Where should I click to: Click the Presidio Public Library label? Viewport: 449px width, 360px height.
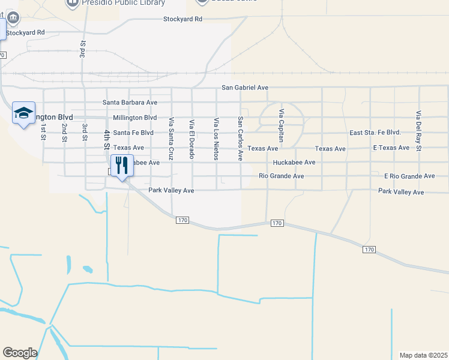point(123,3)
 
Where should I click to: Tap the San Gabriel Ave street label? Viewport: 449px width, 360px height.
point(245,88)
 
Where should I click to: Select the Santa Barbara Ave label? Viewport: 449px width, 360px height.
point(130,103)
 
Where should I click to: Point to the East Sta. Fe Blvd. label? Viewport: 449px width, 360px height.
point(375,133)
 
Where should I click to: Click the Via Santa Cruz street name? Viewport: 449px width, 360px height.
point(171,138)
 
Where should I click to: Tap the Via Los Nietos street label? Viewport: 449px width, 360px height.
point(216,139)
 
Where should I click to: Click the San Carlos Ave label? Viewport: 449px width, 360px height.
point(240,139)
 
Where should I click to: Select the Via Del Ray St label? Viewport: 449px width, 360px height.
point(419,130)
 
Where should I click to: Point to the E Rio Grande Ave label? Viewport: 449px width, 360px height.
point(409,176)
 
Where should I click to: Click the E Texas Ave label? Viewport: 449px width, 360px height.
point(391,148)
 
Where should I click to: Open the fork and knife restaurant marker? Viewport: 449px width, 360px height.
point(122,165)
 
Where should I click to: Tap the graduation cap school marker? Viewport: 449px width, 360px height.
point(23,113)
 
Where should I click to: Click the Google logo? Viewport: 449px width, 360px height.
point(20,353)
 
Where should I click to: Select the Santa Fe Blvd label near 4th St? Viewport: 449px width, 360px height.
point(133,133)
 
